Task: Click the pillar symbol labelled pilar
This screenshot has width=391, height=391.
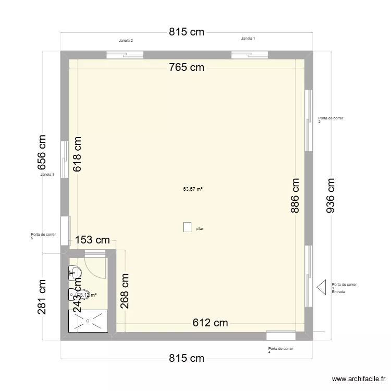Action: [187, 228]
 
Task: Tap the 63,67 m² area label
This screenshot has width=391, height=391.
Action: [192, 189]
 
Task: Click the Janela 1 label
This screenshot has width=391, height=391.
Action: [248, 38]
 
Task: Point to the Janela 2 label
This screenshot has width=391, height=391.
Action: [126, 40]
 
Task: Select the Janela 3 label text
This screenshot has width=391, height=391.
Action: [47, 175]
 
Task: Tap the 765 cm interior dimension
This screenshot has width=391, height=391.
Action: [186, 67]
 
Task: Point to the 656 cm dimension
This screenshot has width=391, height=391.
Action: [42, 154]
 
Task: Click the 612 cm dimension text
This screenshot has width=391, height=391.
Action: [211, 323]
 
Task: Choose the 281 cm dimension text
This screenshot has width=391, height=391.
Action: [42, 297]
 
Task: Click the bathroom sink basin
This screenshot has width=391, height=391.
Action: [75, 272]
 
